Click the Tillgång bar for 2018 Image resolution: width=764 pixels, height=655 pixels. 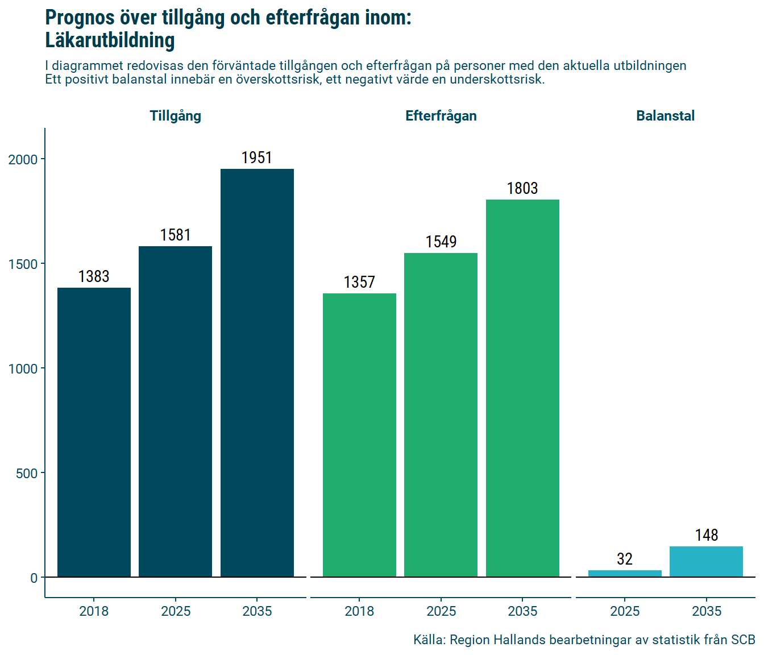pyautogui.click(x=94, y=432)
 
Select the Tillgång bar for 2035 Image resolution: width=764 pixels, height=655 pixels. pyautogui.click(x=257, y=373)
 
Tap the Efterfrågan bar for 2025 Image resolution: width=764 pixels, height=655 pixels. pyautogui.click(x=441, y=415)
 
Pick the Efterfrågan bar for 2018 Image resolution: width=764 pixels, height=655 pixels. pyautogui.click(x=359, y=435)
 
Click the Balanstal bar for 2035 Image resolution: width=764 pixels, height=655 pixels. pyautogui.click(x=706, y=562)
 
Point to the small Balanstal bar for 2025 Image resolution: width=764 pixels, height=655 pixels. pyautogui.click(x=625, y=573)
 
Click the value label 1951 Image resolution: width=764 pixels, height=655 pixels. pyautogui.click(x=257, y=157)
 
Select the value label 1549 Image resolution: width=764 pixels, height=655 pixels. pyautogui.click(x=441, y=242)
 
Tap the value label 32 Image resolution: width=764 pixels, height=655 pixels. pyautogui.click(x=625, y=559)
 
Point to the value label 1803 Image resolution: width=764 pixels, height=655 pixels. pyautogui.click(x=522, y=188)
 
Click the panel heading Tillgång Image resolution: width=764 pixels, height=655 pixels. pyautogui.click(x=175, y=116)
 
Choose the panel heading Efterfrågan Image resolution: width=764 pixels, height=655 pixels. pyautogui.click(x=441, y=116)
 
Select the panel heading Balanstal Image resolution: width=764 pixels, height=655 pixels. pyautogui.click(x=665, y=116)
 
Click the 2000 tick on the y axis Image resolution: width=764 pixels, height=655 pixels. pyautogui.click(x=23, y=159)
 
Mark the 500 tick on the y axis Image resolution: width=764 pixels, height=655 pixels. pyautogui.click(x=26, y=473)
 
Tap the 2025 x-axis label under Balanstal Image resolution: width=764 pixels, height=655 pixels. pyautogui.click(x=625, y=611)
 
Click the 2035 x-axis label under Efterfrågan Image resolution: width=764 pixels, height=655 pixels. pyautogui.click(x=522, y=611)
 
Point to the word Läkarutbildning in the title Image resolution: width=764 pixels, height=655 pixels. pyautogui.click(x=110, y=40)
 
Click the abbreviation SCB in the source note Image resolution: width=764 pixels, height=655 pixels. pyautogui.click(x=742, y=640)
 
